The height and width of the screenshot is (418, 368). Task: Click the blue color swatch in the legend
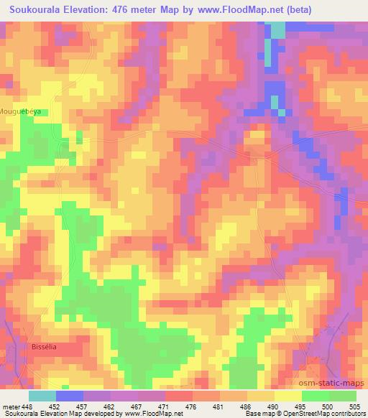(69, 396)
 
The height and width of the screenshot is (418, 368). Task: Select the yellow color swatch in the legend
(287, 396)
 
